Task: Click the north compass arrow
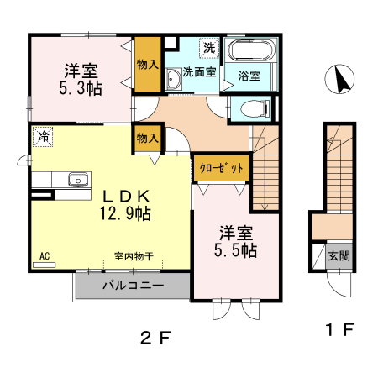342,81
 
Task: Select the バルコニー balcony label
134,286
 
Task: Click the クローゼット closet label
222,168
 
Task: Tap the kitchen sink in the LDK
77,179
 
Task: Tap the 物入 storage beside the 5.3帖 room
147,66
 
